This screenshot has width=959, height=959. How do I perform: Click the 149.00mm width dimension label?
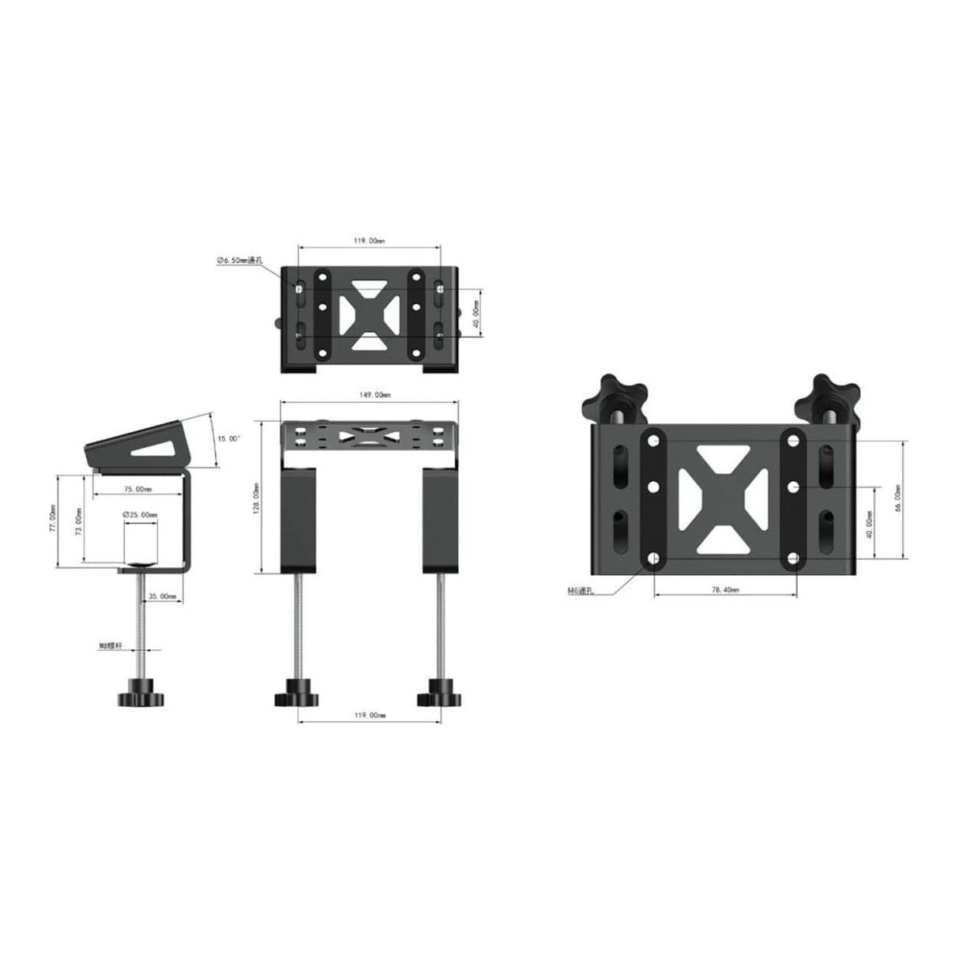pos(370,394)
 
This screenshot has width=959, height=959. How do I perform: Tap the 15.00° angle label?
pos(229,438)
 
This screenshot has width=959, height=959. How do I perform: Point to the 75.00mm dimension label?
pos(138,489)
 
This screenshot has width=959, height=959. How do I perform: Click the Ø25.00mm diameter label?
pos(140,515)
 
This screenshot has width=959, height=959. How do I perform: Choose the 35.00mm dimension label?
pos(162,597)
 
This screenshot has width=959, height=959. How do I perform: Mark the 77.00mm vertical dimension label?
pos(53,521)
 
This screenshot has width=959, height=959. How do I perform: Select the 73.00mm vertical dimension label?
pos(77,521)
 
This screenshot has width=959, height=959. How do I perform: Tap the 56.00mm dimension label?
pos(897,498)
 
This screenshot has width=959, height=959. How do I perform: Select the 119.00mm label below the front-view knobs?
pos(370,715)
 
